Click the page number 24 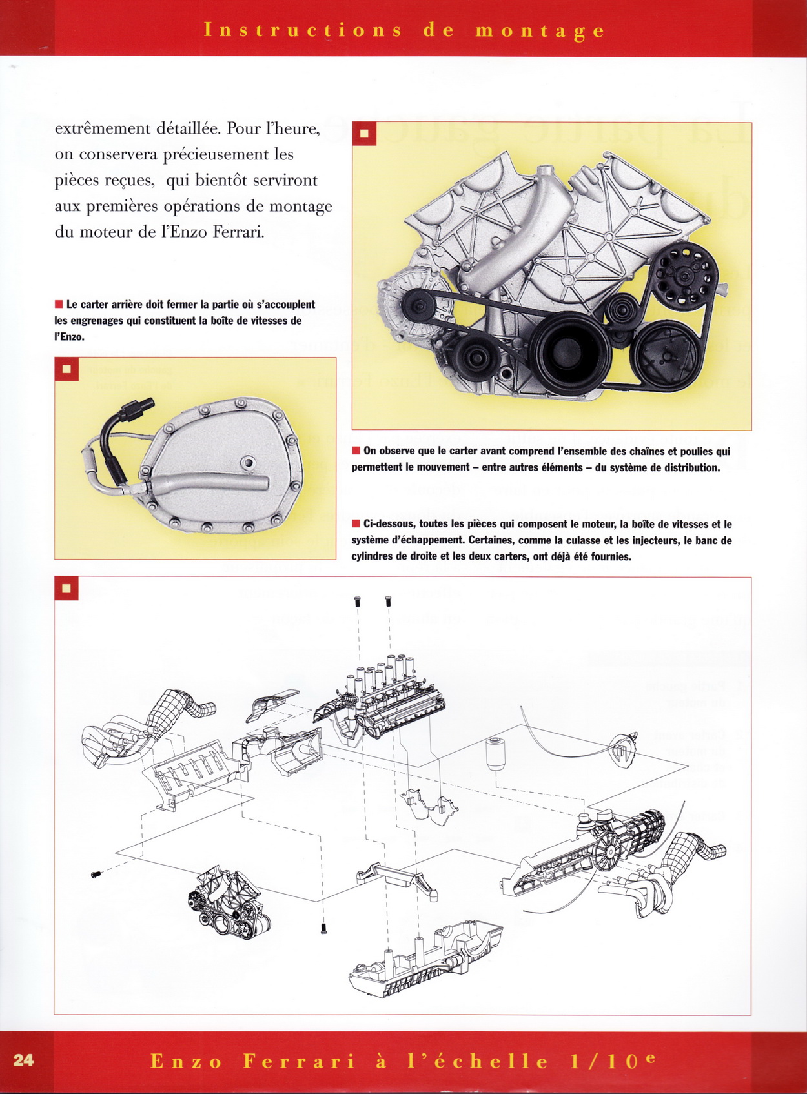pos(23,1060)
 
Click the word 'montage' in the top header pos(540,30)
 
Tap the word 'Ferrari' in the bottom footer pos(300,1061)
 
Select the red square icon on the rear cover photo pos(66,369)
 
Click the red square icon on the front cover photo pos(364,134)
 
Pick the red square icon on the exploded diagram pos(66,588)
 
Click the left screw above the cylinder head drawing pos(358,602)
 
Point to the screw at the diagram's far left pos(96,875)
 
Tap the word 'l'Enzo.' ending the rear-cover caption pos(69,336)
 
